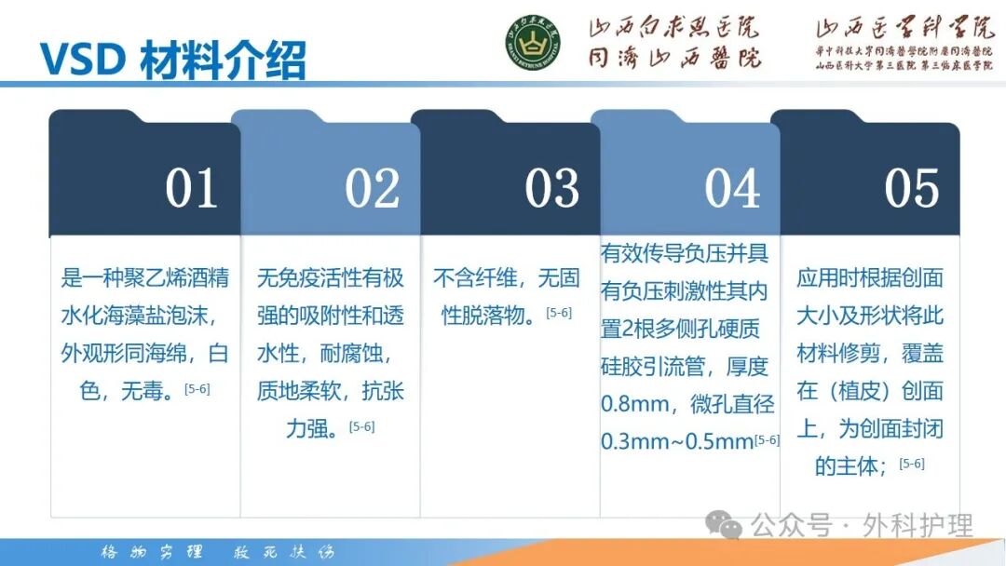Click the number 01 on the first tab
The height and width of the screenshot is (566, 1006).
coord(191,188)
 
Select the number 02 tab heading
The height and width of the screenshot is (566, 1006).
coord(372,188)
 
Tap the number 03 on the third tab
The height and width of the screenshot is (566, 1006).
coord(551,188)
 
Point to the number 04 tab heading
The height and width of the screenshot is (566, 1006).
coord(732,188)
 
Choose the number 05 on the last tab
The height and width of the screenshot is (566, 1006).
coord(912,188)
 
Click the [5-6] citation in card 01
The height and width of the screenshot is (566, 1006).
coord(197,388)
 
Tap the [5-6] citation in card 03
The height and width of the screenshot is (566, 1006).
coord(559,313)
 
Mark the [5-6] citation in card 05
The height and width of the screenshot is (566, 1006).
coord(912,463)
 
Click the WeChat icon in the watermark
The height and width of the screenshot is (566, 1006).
coord(725,526)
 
